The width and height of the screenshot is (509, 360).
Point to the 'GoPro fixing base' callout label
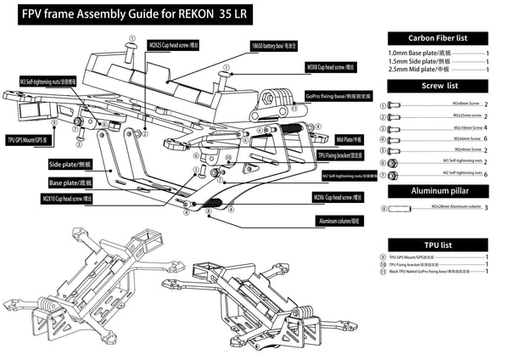click(333, 98)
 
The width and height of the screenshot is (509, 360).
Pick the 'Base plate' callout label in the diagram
click(71, 183)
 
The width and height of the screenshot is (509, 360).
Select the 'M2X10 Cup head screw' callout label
click(67, 199)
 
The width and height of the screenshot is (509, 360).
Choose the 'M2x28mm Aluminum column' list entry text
click(445, 206)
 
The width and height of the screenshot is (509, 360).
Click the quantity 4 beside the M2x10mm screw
click(487, 127)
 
